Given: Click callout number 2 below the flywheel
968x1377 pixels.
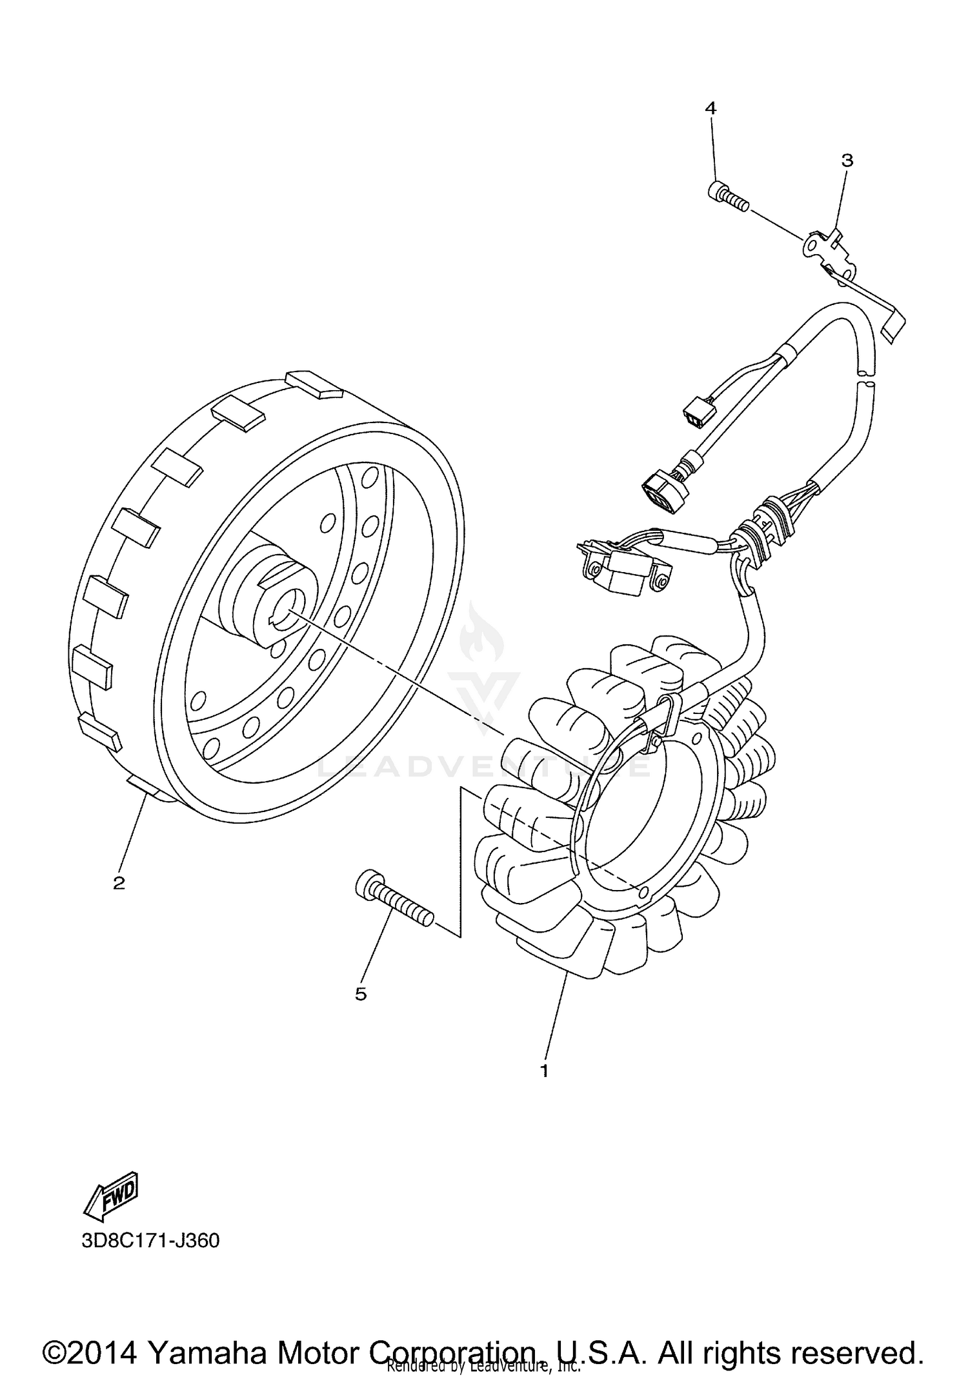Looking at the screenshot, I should point(119,883).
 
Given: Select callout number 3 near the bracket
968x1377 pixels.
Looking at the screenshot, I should point(847,161).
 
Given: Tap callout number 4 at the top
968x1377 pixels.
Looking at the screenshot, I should point(711,108).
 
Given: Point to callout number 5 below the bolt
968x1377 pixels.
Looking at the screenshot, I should point(361,994).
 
